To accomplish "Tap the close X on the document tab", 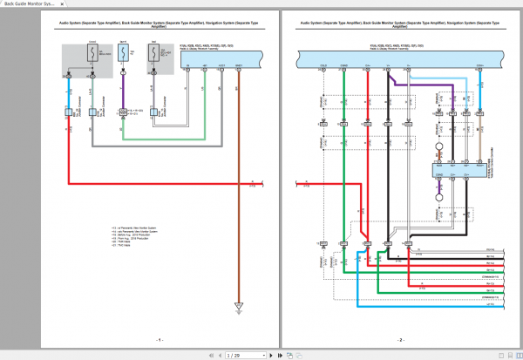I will pyautogui.click(x=64, y=3).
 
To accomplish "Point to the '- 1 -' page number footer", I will pyautogui.click(x=159, y=338).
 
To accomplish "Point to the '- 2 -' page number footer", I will pyautogui.click(x=400, y=338).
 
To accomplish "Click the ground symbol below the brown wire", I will pyautogui.click(x=237, y=306).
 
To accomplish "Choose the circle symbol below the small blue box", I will pyautogui.click(x=440, y=209).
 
